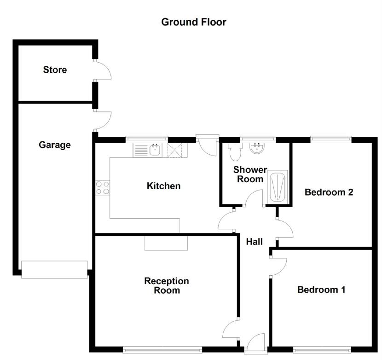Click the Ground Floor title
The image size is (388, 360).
193,22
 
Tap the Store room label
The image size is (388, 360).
55,70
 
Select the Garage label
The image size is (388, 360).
55,145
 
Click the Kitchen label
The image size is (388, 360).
163,186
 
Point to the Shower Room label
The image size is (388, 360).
250,174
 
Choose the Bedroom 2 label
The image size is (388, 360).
329,192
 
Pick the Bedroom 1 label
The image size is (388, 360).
321,290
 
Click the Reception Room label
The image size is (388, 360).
166,286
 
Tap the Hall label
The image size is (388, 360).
254,241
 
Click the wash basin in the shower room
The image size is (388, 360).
256,148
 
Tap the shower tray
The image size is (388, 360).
278,186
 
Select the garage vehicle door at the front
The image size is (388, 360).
54,269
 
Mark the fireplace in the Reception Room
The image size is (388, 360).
166,243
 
